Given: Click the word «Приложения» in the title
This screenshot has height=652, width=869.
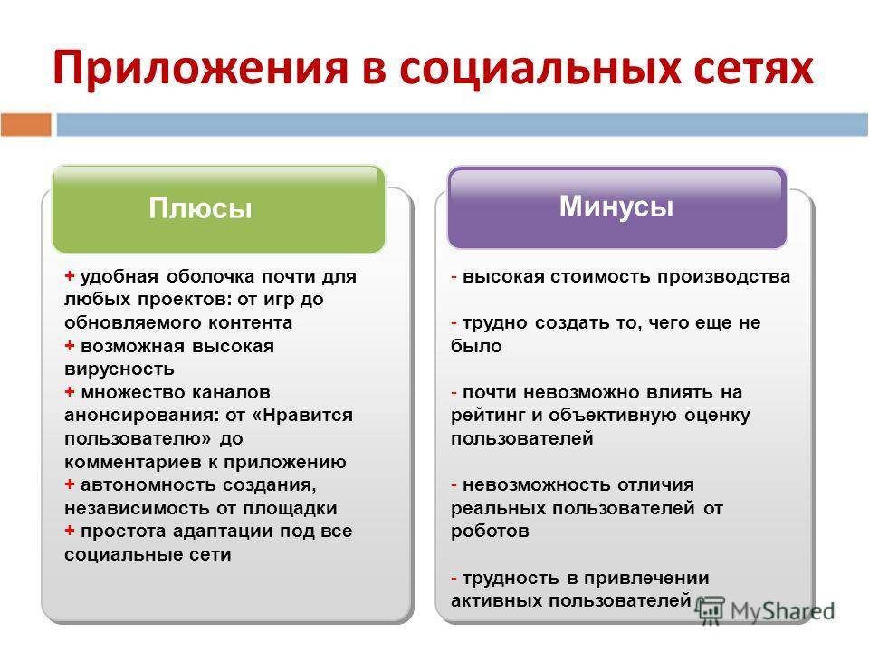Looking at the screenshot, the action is pos(201,68).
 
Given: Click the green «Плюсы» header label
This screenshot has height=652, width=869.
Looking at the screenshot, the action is pos(200,208).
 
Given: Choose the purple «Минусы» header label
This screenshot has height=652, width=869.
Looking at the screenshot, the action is pos(616,206).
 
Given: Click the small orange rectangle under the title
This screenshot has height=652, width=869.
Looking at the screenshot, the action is pos(26,124).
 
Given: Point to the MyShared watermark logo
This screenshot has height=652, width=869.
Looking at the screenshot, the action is pos(765,611).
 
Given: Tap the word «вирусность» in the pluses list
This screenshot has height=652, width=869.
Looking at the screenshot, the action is pos(119,369).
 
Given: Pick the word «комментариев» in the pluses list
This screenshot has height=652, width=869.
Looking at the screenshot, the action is pos(134,462).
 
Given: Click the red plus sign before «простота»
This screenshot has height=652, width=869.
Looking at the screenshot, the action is pos(70,531).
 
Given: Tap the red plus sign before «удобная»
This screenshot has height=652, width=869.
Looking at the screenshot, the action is pos(70,275).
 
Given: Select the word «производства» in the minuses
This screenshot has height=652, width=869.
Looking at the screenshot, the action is pos(724,276).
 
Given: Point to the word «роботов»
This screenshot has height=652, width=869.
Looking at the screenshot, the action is pos(490,532).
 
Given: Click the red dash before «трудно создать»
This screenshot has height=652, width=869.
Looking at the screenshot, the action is pos(454,322).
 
